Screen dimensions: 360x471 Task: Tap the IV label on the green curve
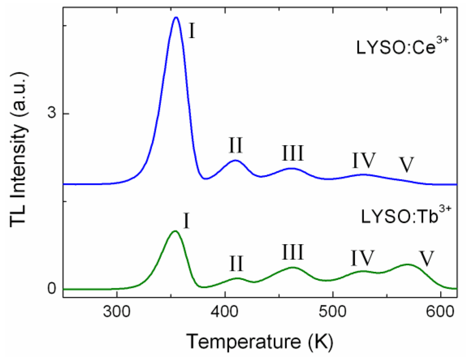362,258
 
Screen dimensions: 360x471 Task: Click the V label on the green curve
427,259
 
